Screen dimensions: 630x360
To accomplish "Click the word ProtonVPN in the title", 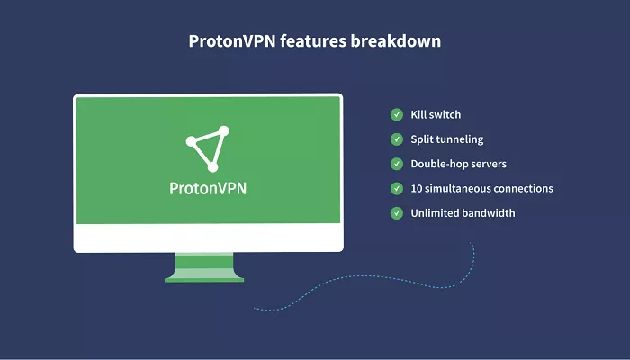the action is pos(232,41).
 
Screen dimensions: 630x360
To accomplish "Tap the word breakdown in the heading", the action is pos(396,41).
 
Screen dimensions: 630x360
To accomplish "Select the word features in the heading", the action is pos(313,41).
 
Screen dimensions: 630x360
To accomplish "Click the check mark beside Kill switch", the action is pos(397,114).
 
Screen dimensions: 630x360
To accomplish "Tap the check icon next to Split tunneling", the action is pos(397,139).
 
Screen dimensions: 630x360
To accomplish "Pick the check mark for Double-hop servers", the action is pos(397,164).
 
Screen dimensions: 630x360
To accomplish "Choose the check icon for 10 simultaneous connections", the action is pos(397,188).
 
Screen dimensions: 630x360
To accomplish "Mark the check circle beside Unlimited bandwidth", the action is pos(397,213).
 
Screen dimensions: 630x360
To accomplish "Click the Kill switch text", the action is pos(436,114).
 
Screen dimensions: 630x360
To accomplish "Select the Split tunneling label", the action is pos(446,139).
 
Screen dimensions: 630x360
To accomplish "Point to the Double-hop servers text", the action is pos(458,164).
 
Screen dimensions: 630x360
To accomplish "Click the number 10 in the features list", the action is pos(416,188).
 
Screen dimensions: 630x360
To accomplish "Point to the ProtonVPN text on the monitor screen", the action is pos(208,188).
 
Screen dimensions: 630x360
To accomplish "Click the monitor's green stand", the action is pos(204,267).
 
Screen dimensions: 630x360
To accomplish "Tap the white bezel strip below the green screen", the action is pos(208,238).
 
